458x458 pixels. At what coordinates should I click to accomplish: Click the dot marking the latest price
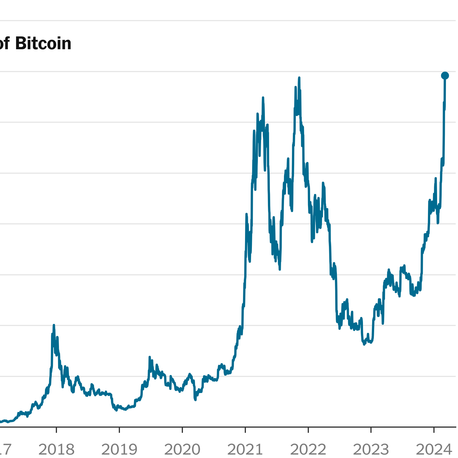[445, 76]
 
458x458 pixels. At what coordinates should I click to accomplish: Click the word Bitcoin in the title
[43, 44]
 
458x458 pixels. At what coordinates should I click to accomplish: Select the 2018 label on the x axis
[56, 449]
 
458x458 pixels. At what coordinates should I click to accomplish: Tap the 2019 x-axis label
[119, 449]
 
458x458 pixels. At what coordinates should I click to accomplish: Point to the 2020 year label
[182, 449]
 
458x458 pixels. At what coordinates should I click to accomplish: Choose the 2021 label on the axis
[245, 449]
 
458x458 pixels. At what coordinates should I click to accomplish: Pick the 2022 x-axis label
[308, 449]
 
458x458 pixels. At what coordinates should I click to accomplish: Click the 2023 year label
[371, 449]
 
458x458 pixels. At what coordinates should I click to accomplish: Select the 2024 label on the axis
[434, 449]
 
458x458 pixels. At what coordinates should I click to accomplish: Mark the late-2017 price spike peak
[54, 325]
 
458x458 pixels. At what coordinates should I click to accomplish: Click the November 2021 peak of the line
[299, 78]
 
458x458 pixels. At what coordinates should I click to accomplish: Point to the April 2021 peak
[263, 98]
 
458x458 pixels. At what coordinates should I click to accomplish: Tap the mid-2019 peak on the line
[149, 357]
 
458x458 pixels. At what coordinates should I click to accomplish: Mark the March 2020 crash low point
[195, 400]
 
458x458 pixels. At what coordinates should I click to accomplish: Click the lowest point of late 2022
[364, 344]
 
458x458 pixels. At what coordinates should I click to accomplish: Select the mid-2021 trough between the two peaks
[280, 269]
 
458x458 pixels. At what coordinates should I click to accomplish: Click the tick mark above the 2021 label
[245, 430]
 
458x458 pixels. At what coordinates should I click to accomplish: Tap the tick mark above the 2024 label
[434, 430]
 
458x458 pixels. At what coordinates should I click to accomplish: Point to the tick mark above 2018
[56, 430]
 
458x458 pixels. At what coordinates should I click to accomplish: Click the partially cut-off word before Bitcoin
[4, 44]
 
